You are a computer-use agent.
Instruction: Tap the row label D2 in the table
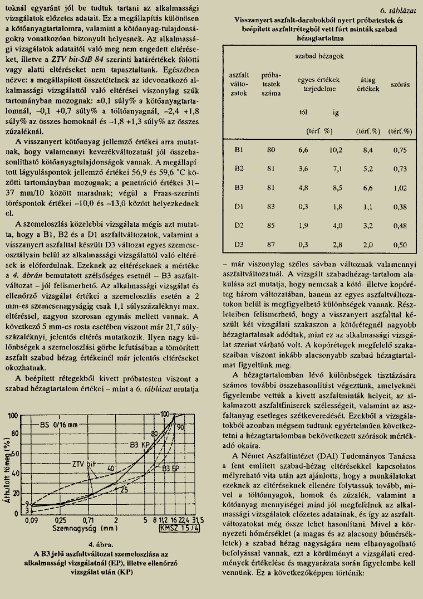click(239, 226)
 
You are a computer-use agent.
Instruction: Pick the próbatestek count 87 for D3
click(271, 245)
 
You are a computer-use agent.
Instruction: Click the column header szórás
click(400, 85)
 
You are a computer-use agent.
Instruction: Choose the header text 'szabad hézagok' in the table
click(319, 56)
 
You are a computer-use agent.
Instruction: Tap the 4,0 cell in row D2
click(336, 226)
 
